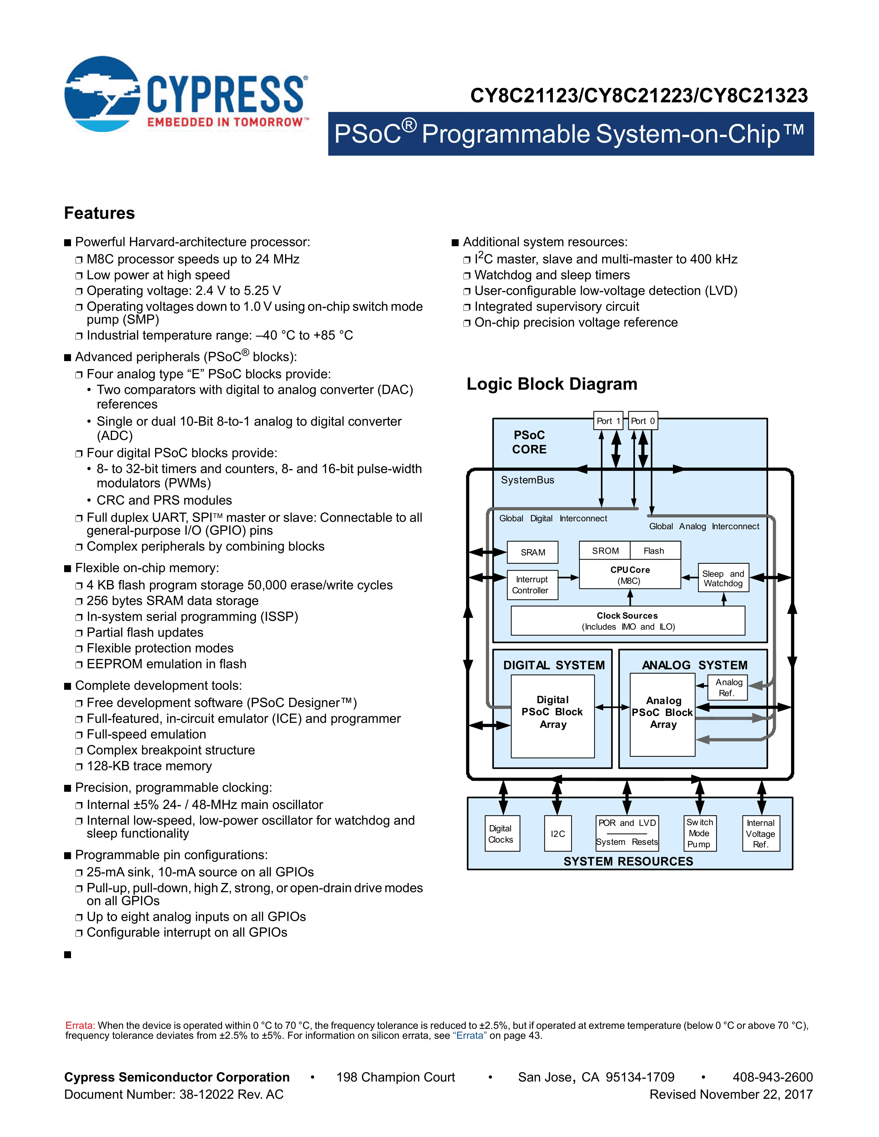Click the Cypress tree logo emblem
(102, 94)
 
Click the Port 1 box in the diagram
(608, 421)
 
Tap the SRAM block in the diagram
(533, 552)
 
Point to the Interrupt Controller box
(532, 585)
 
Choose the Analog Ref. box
(727, 687)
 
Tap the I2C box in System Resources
(558, 833)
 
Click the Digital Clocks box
(502, 833)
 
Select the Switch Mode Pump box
(699, 833)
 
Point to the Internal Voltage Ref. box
(761, 833)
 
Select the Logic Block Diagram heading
(552, 384)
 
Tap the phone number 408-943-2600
(772, 1077)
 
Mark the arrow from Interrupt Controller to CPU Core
(569, 577)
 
